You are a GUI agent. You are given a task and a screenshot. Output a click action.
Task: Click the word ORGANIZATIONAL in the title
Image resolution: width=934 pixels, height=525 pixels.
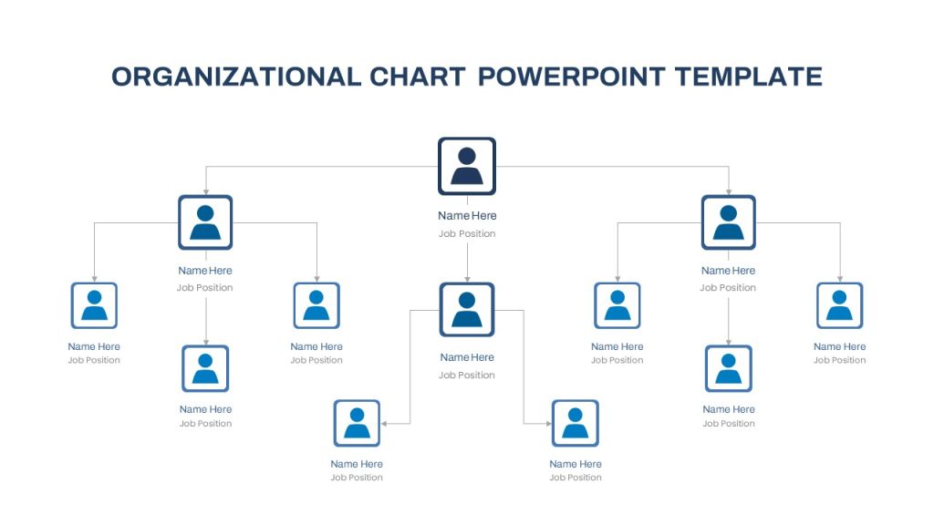pyautogui.click(x=236, y=77)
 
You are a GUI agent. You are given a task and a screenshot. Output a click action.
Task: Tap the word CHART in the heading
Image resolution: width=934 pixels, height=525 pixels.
pyautogui.click(x=417, y=77)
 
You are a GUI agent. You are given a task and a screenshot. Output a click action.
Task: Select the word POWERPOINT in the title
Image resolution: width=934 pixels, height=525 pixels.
pyautogui.click(x=571, y=77)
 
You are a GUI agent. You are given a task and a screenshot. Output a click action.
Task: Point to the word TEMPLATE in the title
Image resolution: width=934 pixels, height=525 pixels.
pyautogui.click(x=748, y=77)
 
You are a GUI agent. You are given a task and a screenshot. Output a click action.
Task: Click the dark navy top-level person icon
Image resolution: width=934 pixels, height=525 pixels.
pyautogui.click(x=467, y=166)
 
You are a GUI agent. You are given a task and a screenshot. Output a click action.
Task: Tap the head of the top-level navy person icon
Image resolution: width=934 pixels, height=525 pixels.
pyautogui.click(x=467, y=156)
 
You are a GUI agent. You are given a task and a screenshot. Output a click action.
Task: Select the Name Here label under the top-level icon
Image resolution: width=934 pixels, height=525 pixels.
pyautogui.click(x=467, y=215)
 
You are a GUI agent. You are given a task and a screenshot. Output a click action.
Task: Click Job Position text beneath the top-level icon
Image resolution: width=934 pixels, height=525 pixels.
pyautogui.click(x=467, y=234)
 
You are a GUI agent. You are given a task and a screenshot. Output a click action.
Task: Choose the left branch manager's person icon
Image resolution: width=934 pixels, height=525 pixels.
pyautogui.click(x=205, y=222)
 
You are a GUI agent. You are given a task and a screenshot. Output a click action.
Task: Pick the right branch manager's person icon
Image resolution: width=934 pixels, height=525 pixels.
pyautogui.click(x=729, y=222)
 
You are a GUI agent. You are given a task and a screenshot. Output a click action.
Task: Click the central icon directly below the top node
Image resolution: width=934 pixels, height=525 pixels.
pyautogui.click(x=467, y=310)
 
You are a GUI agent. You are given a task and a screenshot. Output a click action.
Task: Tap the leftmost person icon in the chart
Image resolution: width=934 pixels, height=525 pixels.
pyautogui.click(x=94, y=305)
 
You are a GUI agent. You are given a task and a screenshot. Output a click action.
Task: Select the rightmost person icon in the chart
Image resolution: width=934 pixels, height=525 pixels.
pyautogui.click(x=840, y=305)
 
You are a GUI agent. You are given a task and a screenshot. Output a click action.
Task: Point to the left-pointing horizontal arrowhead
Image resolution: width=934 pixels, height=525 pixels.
pyautogui.click(x=384, y=424)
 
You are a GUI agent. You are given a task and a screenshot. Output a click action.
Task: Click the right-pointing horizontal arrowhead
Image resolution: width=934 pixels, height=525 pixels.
pyautogui.click(x=548, y=424)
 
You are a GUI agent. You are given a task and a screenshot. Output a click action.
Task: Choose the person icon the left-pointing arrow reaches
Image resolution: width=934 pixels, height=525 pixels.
pyautogui.click(x=357, y=423)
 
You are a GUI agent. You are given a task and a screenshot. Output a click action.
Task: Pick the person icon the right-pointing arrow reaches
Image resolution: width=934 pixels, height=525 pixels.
pyautogui.click(x=576, y=423)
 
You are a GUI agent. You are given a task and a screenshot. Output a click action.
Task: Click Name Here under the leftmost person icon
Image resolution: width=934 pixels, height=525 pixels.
pyautogui.click(x=94, y=346)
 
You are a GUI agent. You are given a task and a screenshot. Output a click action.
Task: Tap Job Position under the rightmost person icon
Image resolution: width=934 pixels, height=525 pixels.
pyautogui.click(x=840, y=360)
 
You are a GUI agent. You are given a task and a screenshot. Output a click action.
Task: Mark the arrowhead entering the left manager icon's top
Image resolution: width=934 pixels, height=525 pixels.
pyautogui.click(x=206, y=191)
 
